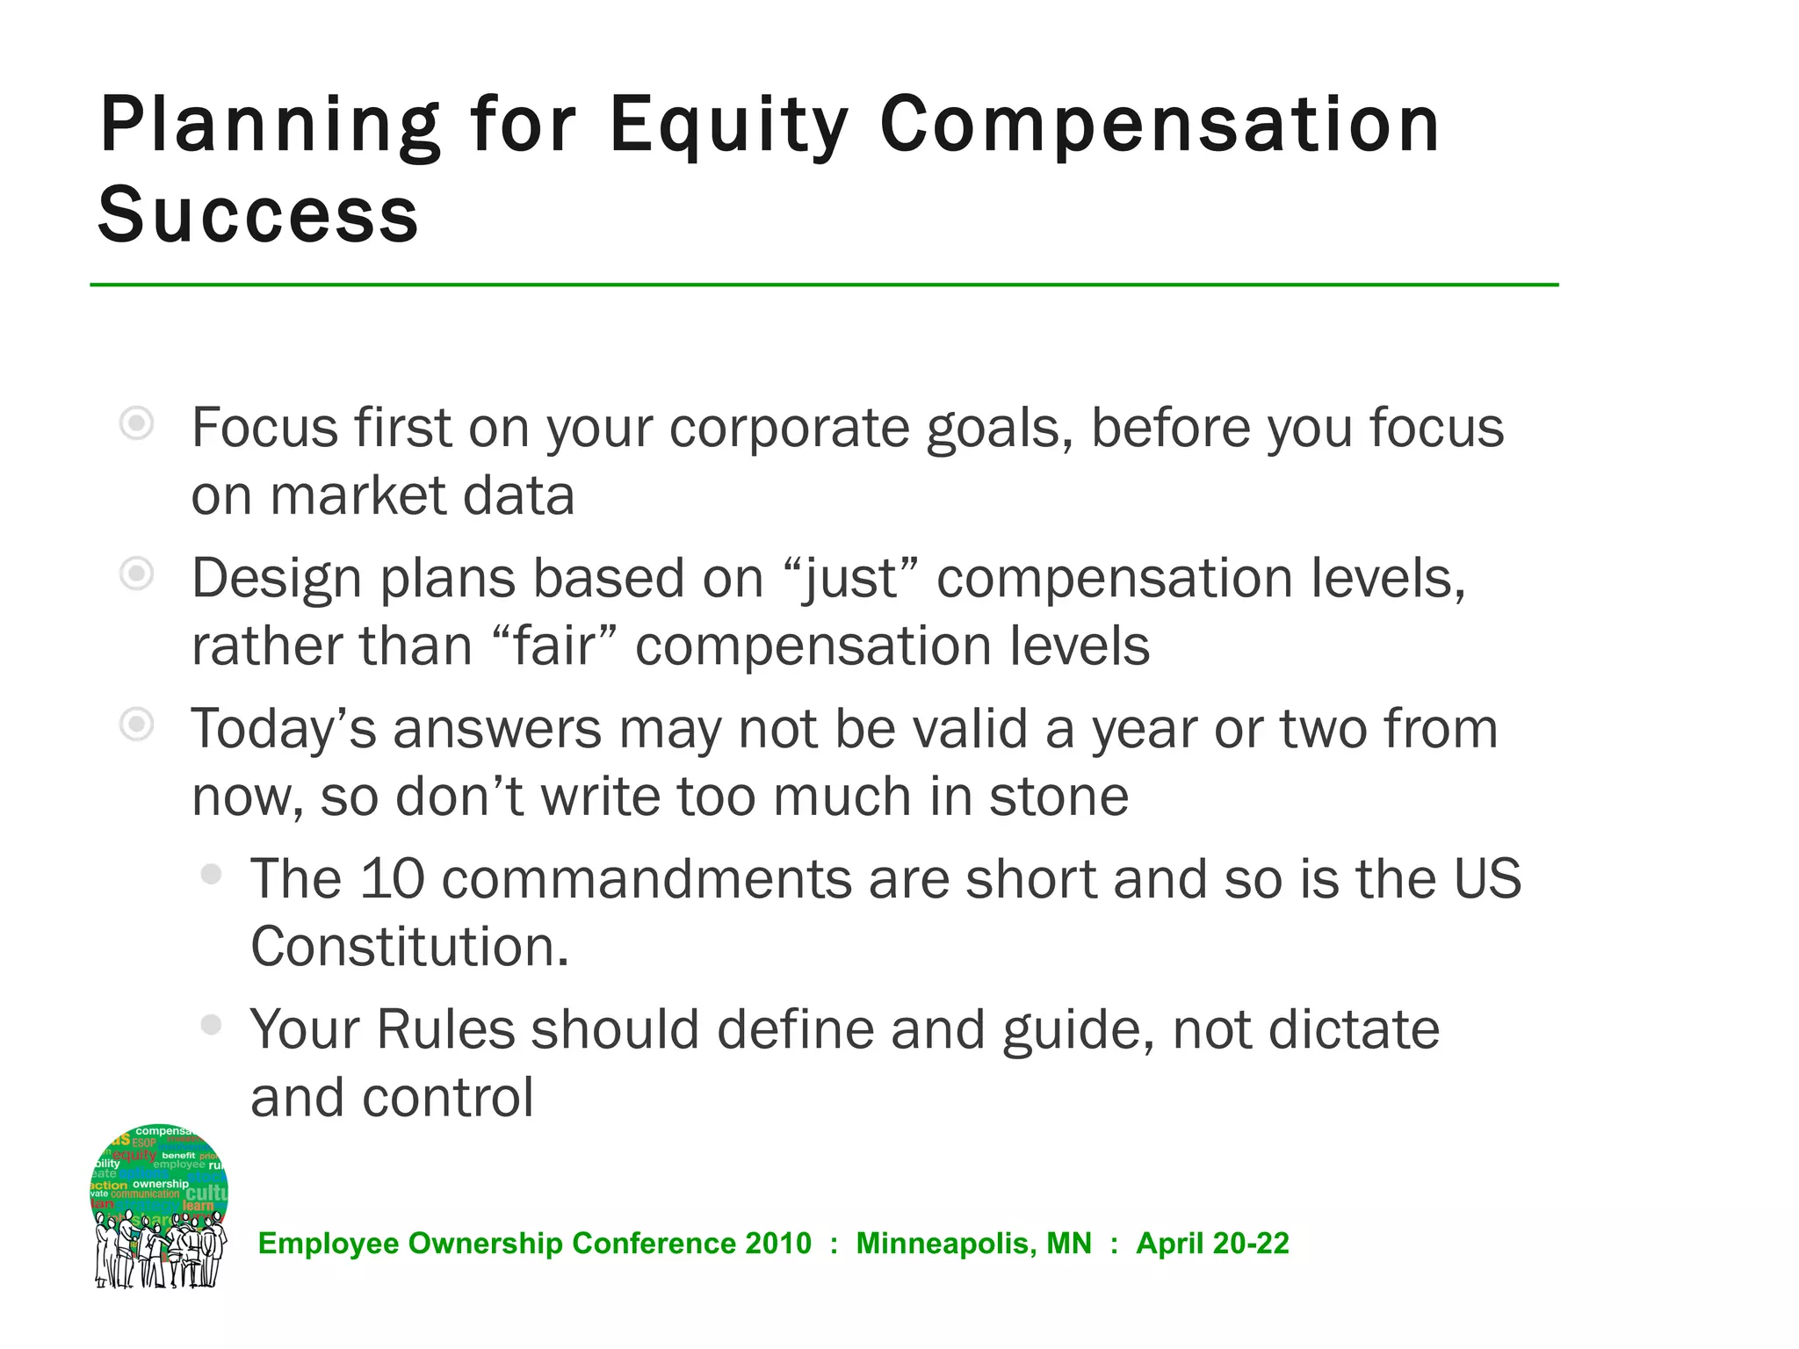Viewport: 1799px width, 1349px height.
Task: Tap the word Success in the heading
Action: point(258,216)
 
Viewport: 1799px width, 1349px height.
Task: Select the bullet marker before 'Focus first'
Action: point(137,425)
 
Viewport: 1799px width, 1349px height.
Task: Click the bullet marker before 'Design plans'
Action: point(137,575)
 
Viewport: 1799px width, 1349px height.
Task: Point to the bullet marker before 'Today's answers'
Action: point(137,725)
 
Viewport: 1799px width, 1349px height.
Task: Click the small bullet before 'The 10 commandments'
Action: point(211,874)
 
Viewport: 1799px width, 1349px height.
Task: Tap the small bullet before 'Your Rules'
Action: point(211,1024)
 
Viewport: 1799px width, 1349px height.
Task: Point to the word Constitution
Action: point(409,947)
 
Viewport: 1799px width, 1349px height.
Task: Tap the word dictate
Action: point(1353,1029)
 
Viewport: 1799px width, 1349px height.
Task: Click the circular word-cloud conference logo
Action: point(160,1205)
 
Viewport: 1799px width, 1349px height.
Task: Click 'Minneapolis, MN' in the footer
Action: point(973,1244)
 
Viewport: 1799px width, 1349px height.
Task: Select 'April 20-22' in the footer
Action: point(1212,1244)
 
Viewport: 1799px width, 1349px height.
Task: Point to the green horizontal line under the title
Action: point(824,285)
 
